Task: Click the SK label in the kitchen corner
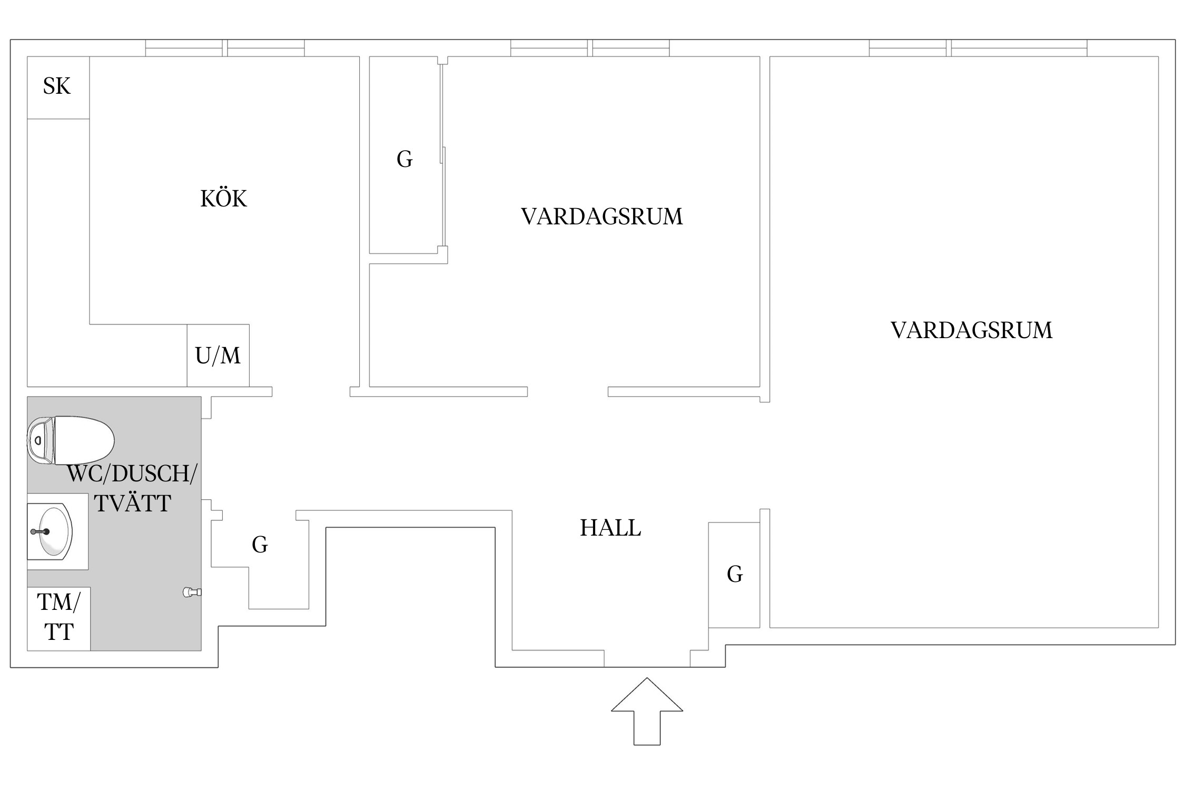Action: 57,86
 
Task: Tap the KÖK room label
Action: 224,199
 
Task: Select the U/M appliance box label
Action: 218,356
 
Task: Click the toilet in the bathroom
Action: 71,440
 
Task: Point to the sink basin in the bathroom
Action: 53,531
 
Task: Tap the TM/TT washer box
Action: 58,618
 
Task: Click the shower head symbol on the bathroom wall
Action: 191,592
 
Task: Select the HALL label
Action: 610,528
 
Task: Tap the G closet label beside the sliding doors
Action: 404,159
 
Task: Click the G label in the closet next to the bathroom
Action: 260,545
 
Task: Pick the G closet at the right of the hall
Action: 734,575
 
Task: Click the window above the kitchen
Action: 225,48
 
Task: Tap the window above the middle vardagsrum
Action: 590,48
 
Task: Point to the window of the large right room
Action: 977,48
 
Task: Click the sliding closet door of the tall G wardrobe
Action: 443,158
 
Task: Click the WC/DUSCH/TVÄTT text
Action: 132,489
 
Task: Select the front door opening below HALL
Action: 647,659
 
